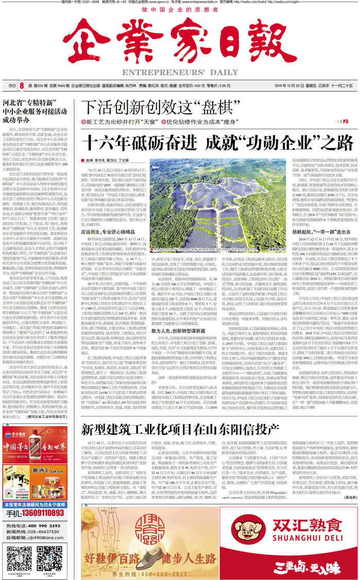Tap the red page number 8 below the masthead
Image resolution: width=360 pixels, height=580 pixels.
click(22, 86)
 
